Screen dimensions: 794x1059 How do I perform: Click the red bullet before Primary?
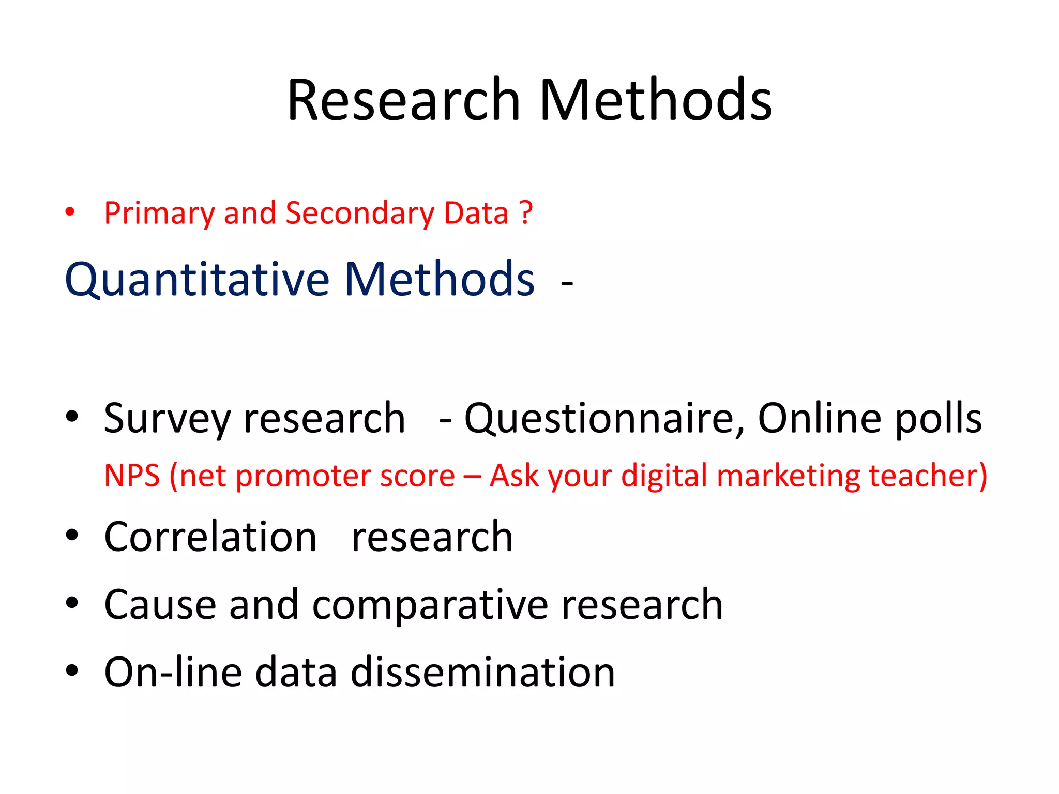click(x=70, y=212)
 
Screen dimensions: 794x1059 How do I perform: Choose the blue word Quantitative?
click(x=196, y=280)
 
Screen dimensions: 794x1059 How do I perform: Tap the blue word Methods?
click(x=440, y=280)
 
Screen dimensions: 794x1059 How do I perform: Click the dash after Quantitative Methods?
click(x=567, y=283)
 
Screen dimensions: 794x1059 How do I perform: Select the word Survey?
click(x=167, y=419)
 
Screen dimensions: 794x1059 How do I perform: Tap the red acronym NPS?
click(x=132, y=476)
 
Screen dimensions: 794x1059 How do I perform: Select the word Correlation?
click(x=210, y=537)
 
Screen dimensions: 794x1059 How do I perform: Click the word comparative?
click(x=430, y=605)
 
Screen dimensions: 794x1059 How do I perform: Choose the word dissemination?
click(x=483, y=672)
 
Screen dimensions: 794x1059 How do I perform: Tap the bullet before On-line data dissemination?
click(x=72, y=670)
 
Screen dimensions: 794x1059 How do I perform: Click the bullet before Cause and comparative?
click(x=72, y=603)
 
